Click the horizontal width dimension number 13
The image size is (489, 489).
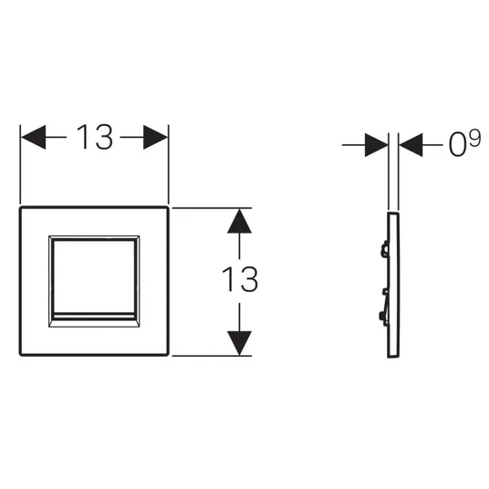(x=94, y=137)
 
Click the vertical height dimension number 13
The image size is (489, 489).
(x=240, y=279)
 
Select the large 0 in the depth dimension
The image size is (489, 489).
(x=457, y=145)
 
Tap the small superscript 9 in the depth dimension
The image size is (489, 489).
(x=475, y=139)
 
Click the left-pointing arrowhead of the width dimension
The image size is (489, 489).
(x=33, y=137)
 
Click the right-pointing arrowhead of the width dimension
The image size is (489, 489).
(x=156, y=137)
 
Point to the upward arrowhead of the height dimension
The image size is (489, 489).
(x=239, y=221)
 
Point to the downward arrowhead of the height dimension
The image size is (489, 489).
(x=239, y=343)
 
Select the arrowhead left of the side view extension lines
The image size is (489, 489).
(x=377, y=145)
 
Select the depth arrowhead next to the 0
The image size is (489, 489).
(x=411, y=145)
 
